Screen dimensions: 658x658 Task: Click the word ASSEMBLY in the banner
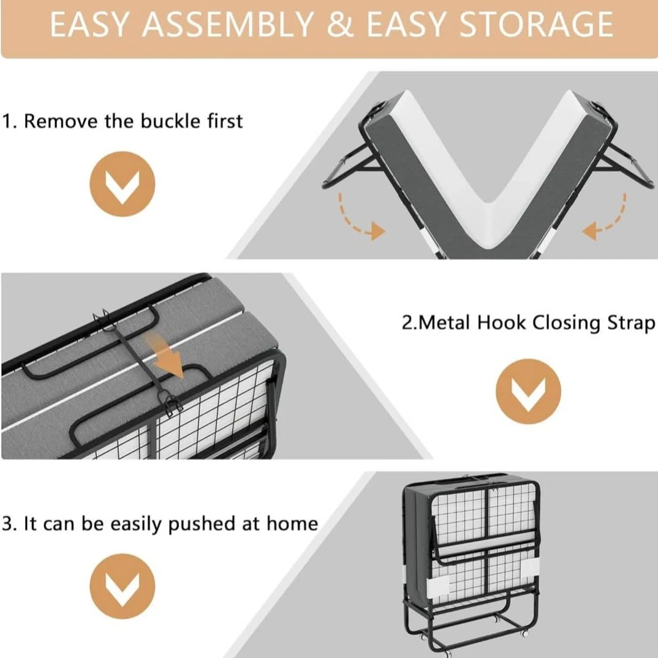tap(227, 24)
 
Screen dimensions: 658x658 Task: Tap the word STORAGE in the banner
tap(536, 24)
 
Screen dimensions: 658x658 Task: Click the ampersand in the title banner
tap(340, 24)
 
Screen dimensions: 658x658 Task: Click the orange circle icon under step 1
tap(122, 184)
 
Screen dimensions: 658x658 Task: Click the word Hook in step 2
tap(501, 323)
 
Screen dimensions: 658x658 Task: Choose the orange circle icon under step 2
tap(528, 391)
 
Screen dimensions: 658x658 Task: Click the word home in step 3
tap(292, 524)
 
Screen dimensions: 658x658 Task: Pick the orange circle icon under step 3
tap(122, 586)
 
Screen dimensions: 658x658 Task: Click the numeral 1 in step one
tap(7, 121)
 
